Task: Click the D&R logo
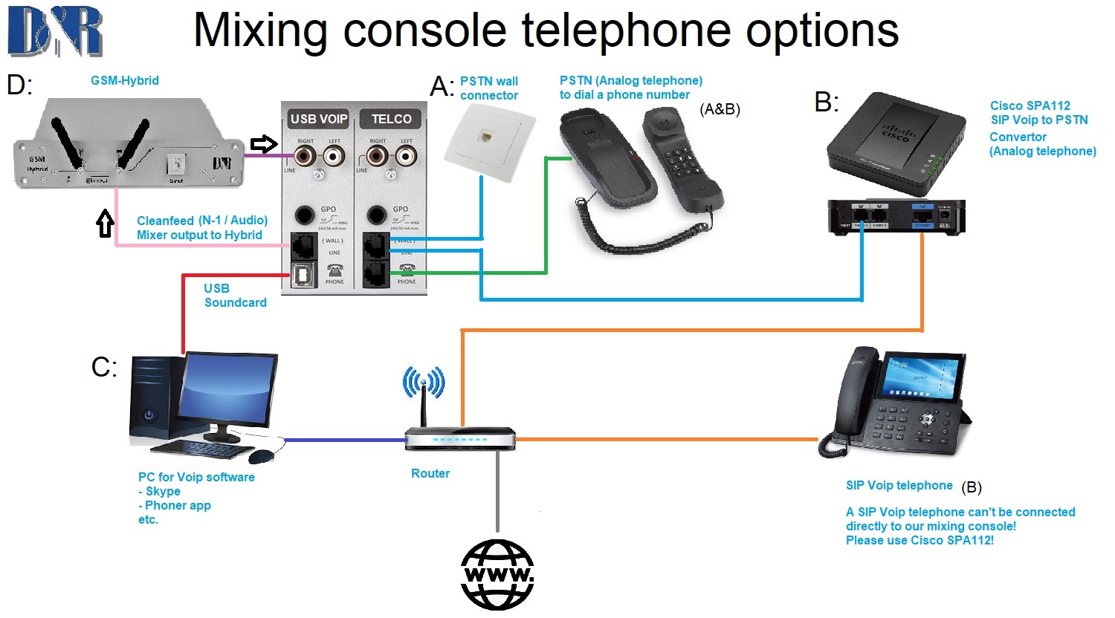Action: click(55, 30)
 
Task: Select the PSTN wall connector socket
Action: click(488, 139)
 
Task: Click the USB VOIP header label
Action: click(318, 119)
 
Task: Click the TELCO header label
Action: click(391, 119)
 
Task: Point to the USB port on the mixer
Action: click(303, 275)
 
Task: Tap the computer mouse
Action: click(261, 455)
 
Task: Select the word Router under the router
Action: click(430, 473)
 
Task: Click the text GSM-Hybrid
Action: click(125, 80)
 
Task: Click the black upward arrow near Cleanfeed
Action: click(106, 223)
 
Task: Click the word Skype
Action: click(163, 491)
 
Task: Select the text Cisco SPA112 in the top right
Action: click(1030, 105)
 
